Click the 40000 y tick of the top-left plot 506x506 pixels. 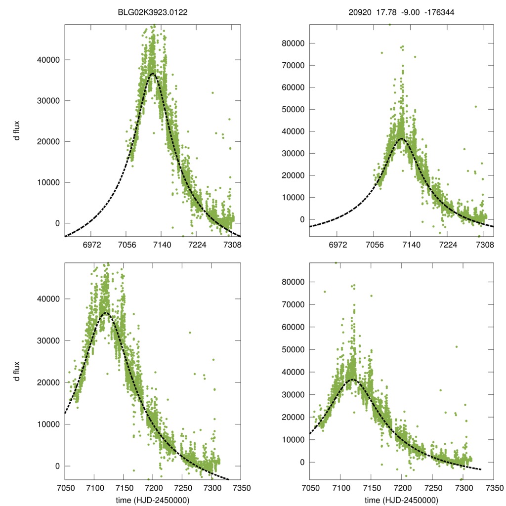48,60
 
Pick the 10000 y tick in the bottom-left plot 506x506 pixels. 48,424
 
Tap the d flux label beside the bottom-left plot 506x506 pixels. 17,371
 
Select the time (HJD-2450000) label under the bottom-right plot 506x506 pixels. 401,500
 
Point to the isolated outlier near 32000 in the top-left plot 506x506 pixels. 212,92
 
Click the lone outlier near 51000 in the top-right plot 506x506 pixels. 476,106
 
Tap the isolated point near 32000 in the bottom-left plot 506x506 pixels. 190,332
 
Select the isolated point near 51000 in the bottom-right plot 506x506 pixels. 457,346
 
